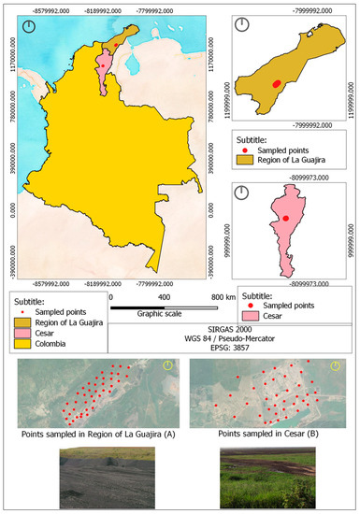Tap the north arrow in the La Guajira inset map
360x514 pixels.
click(x=242, y=25)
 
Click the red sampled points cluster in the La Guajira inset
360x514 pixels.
click(x=276, y=83)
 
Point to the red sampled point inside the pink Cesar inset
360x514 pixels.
click(x=285, y=218)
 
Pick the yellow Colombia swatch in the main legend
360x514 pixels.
click(x=23, y=341)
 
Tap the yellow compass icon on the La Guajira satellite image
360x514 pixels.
click(x=167, y=366)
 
